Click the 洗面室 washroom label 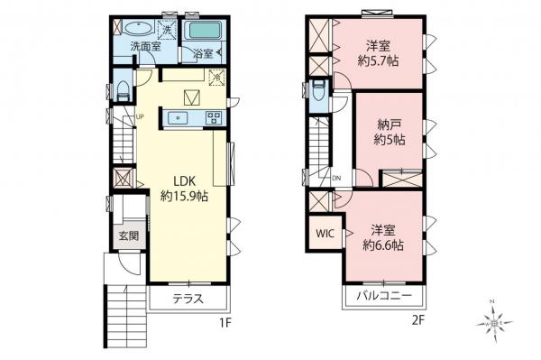click(x=144, y=46)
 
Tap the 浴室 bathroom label click(x=204, y=53)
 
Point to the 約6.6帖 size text click(x=383, y=244)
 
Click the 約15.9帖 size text click(x=185, y=196)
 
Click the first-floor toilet click(x=122, y=89)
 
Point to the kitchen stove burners click(x=214, y=116)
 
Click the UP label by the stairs click(x=140, y=116)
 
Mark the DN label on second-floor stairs click(x=335, y=178)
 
